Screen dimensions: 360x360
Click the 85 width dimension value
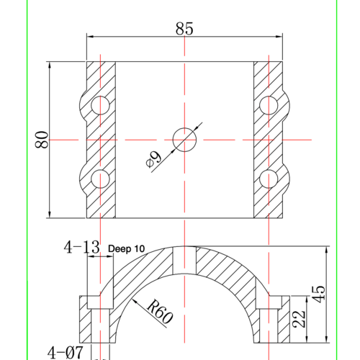184,29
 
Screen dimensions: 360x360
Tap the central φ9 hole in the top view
185,139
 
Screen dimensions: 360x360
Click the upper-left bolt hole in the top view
100,105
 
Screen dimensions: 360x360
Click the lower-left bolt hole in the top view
100,177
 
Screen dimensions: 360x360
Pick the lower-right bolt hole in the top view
270,177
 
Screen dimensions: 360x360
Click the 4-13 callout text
81,248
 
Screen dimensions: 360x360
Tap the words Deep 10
126,248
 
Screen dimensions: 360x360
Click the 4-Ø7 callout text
66,352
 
